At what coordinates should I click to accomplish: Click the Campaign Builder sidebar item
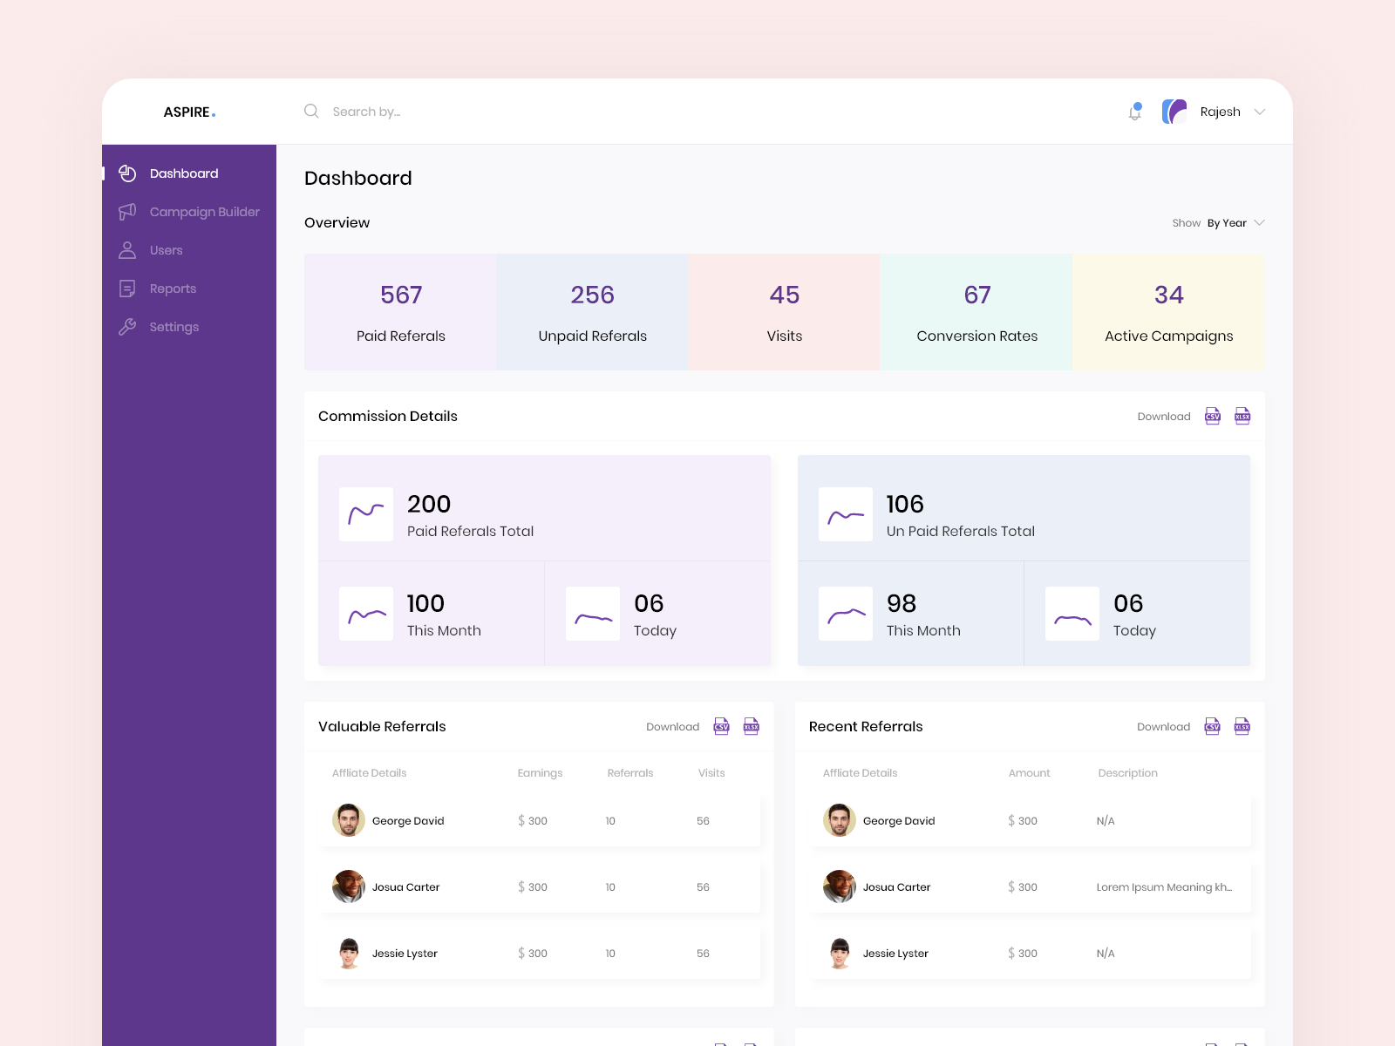pyautogui.click(x=204, y=212)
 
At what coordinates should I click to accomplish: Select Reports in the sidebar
pyautogui.click(x=173, y=289)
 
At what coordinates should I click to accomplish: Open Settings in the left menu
pyautogui.click(x=174, y=327)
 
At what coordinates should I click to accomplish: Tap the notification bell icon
pyautogui.click(x=1134, y=112)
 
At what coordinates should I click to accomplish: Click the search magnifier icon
pyautogui.click(x=311, y=112)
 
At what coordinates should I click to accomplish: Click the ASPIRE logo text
pyautogui.click(x=188, y=112)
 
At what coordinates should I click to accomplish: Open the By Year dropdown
pyautogui.click(x=1235, y=223)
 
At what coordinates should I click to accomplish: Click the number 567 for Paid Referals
pyautogui.click(x=401, y=295)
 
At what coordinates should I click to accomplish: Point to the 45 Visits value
pyautogui.click(x=785, y=295)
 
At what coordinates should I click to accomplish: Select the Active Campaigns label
pyautogui.click(x=1168, y=336)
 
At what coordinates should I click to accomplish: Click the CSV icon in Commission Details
pyautogui.click(x=1213, y=417)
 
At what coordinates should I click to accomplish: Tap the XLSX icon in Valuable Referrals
pyautogui.click(x=751, y=727)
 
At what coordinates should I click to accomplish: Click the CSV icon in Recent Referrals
pyautogui.click(x=1212, y=727)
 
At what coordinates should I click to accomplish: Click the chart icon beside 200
pyautogui.click(x=366, y=514)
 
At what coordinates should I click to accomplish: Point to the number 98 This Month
pyautogui.click(x=902, y=604)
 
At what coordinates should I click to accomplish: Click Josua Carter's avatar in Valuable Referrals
pyautogui.click(x=349, y=886)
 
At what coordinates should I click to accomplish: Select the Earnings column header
pyautogui.click(x=540, y=773)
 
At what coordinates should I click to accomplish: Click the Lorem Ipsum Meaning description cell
pyautogui.click(x=1164, y=887)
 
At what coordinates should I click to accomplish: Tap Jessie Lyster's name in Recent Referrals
pyautogui.click(x=895, y=954)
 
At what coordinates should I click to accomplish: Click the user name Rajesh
pyautogui.click(x=1220, y=112)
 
